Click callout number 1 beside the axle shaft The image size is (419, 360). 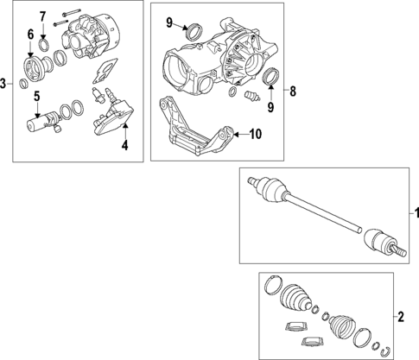412,212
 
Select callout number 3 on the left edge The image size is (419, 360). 4,83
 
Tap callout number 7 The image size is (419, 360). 42,16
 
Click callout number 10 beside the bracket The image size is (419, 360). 255,134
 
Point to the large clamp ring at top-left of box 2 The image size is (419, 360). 271,288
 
